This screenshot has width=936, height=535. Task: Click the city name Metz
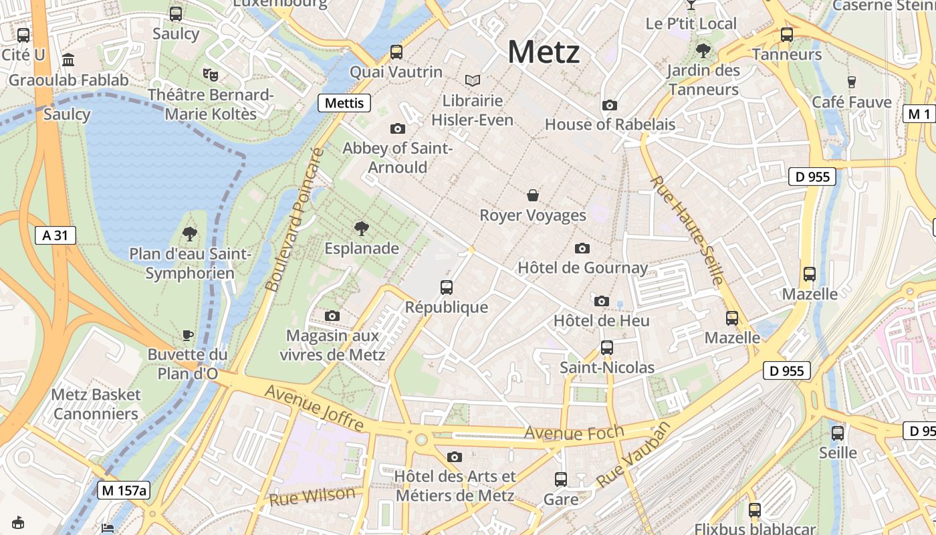point(544,52)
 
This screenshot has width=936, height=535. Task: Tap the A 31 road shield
point(55,235)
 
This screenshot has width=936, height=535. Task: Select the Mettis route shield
point(344,103)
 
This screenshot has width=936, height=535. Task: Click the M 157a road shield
point(124,490)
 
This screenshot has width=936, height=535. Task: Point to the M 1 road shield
point(919,114)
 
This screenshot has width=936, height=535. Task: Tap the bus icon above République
point(447,288)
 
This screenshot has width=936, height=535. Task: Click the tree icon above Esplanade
point(362,229)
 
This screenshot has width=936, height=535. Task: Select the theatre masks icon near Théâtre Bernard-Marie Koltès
point(211,75)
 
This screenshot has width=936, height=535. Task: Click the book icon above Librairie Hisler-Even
point(473,81)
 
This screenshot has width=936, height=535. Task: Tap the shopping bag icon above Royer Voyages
point(533,195)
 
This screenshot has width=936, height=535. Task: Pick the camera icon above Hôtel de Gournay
point(582,249)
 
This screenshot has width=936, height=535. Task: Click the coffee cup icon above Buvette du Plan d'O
point(188,335)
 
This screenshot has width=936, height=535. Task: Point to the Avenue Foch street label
point(574,433)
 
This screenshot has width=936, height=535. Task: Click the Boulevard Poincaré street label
point(294,220)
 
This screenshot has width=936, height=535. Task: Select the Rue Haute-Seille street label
point(686,230)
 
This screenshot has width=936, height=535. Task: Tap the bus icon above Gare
point(561,479)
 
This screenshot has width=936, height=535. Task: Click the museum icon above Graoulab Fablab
point(68,61)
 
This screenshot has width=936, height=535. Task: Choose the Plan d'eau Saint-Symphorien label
point(190,263)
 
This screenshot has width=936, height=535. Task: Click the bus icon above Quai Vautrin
point(396,52)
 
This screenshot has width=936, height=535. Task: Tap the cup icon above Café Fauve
point(851,82)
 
